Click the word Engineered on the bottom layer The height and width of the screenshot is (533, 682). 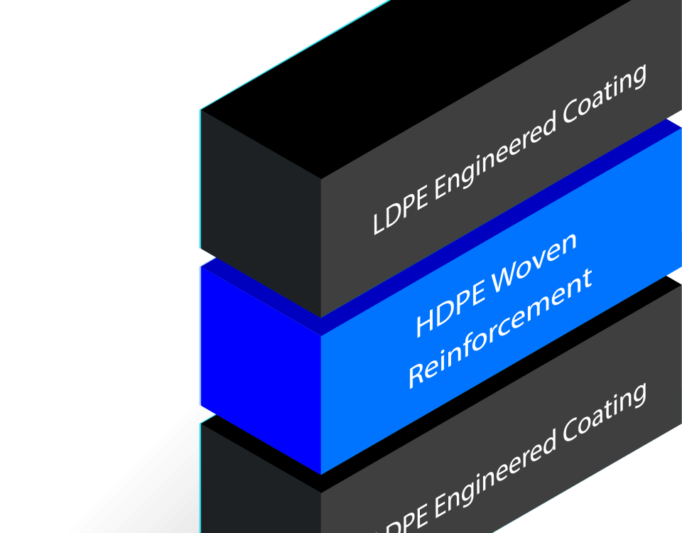[x=490, y=475]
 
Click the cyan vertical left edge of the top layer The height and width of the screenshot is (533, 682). [x=200, y=178]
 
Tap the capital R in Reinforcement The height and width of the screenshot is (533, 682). [x=417, y=375]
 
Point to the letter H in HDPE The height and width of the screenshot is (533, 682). [x=424, y=324]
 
